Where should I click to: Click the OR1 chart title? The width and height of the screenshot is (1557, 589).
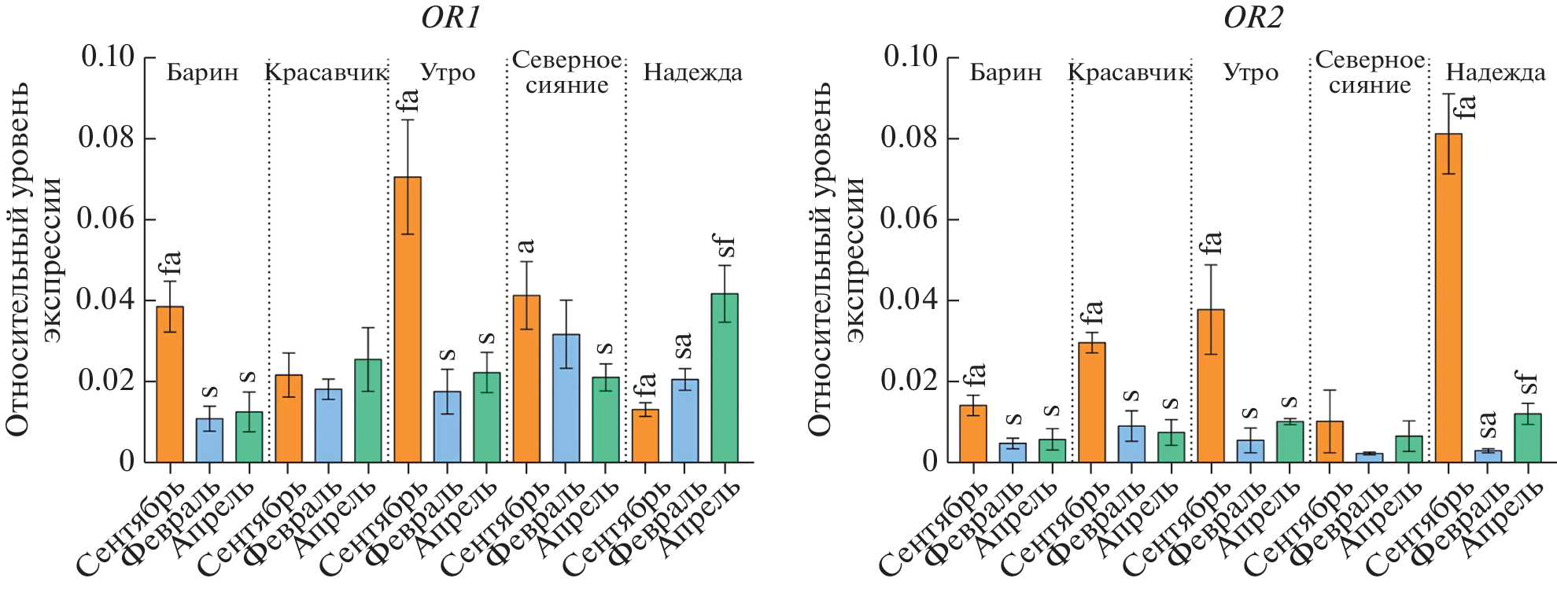click(450, 17)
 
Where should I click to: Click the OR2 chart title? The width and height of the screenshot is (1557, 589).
click(1253, 17)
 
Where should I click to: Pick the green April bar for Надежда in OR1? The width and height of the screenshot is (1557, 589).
click(725, 377)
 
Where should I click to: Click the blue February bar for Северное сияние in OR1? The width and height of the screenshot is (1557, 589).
click(566, 398)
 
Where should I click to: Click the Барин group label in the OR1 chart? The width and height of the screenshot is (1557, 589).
click(202, 73)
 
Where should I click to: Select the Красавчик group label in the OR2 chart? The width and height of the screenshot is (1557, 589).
click(1129, 73)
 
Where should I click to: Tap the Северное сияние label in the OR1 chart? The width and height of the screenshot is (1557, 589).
click(566, 72)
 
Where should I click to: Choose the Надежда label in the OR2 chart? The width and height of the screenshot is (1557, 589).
click(1496, 73)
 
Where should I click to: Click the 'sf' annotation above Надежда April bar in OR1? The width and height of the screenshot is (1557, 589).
click(723, 245)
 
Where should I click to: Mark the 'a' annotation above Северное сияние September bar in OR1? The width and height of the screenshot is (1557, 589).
click(526, 247)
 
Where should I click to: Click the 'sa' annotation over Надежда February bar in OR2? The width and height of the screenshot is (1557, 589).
click(1487, 425)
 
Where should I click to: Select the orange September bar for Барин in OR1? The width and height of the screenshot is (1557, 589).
click(170, 384)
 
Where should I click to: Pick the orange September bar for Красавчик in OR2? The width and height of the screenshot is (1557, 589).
click(1092, 402)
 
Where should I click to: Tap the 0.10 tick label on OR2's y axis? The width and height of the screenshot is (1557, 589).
click(910, 57)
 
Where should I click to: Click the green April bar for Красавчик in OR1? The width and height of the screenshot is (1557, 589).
click(368, 410)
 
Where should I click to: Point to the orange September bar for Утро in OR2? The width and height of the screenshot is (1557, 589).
click(1211, 385)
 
